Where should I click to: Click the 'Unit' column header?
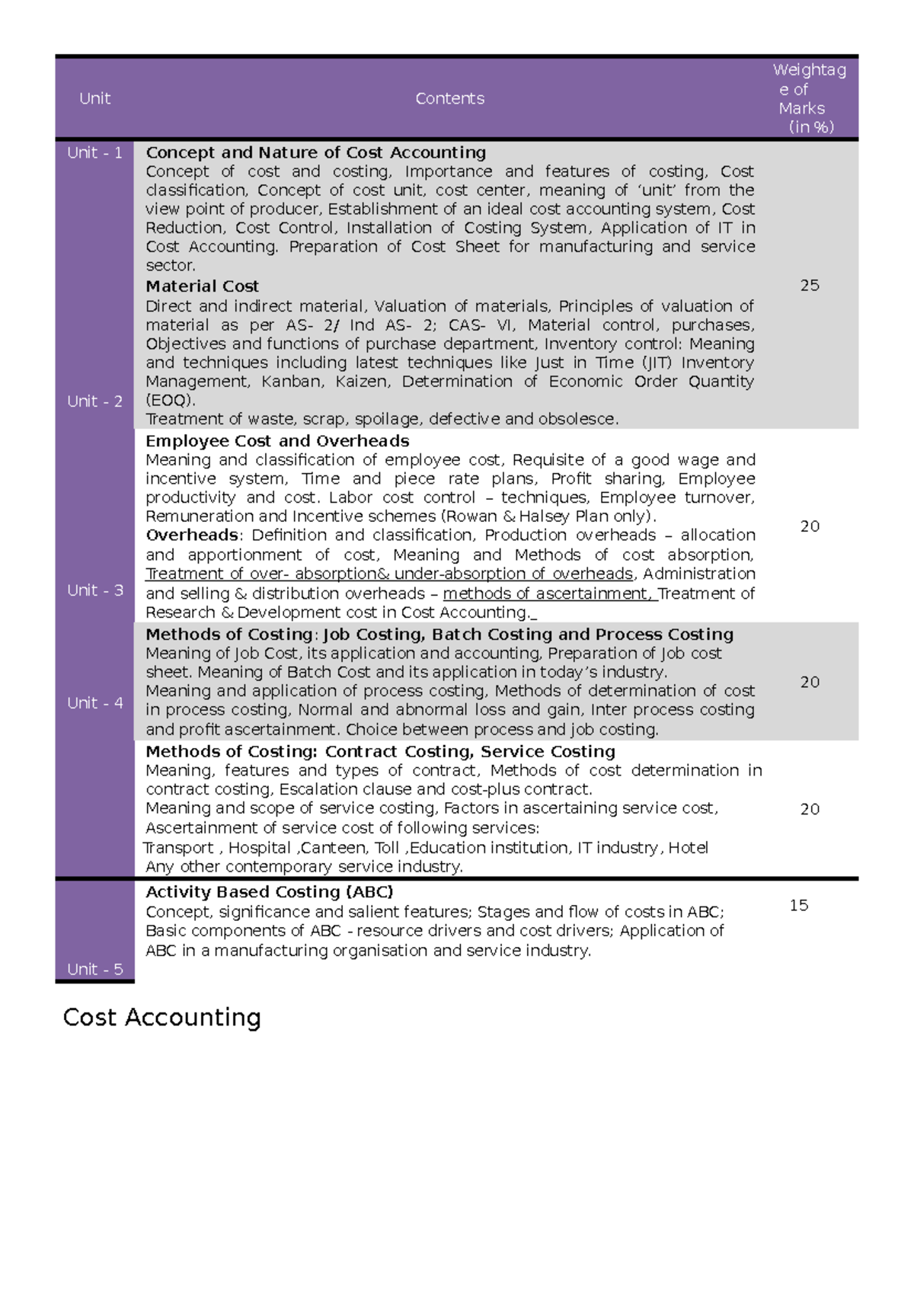click(x=94, y=98)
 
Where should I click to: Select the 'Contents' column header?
click(x=449, y=98)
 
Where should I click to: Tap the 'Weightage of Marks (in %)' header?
click(x=809, y=98)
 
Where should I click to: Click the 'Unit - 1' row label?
click(x=94, y=152)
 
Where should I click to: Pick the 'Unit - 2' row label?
click(x=94, y=401)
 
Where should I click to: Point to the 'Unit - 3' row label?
click(x=94, y=590)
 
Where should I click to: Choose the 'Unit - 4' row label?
click(x=94, y=703)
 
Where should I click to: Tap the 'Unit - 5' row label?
click(x=94, y=969)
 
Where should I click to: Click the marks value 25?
click(x=809, y=286)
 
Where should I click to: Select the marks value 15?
click(x=798, y=905)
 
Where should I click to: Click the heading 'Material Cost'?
click(x=202, y=286)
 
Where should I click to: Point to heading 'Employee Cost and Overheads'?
click(x=277, y=441)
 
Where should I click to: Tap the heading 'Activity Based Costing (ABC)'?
click(x=269, y=892)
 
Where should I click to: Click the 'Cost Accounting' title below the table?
click(x=161, y=1018)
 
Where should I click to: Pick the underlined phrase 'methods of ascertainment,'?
click(x=549, y=593)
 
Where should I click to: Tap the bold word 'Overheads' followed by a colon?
click(x=191, y=536)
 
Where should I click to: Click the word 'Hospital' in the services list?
click(x=259, y=848)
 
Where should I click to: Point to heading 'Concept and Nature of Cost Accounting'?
click(x=315, y=152)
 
